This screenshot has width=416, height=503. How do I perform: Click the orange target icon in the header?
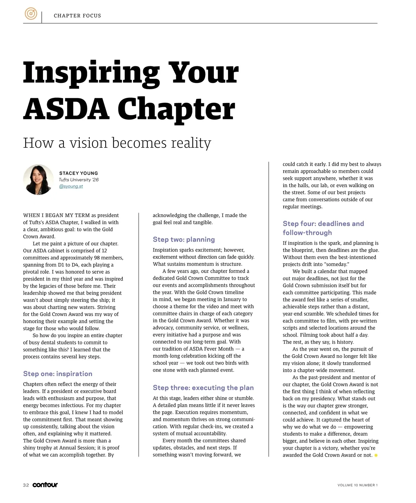click(x=31, y=14)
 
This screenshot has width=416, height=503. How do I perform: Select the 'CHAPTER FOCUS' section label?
click(x=77, y=16)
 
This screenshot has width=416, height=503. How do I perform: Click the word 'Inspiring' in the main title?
click(x=91, y=73)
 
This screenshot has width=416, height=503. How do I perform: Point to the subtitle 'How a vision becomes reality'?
click(x=117, y=143)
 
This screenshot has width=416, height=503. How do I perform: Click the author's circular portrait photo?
click(x=38, y=180)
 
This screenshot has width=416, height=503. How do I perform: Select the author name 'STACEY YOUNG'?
click(x=78, y=173)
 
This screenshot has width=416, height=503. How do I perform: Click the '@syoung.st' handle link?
click(x=71, y=186)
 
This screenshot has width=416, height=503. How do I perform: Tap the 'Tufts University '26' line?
click(x=79, y=180)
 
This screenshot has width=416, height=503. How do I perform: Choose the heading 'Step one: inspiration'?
click(x=58, y=374)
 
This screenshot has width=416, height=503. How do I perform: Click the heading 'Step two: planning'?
click(x=184, y=239)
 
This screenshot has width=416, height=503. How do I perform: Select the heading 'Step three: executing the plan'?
click(x=203, y=387)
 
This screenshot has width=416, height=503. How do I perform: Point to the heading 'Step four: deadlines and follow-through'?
click(x=323, y=228)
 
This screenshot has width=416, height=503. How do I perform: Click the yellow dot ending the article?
click(x=376, y=455)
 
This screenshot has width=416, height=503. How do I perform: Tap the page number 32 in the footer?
click(x=26, y=485)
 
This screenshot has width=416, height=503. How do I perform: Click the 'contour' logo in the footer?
click(x=45, y=485)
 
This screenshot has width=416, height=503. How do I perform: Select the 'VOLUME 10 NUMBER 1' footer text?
click(x=357, y=485)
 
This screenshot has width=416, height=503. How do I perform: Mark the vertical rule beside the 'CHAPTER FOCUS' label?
click(x=42, y=17)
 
